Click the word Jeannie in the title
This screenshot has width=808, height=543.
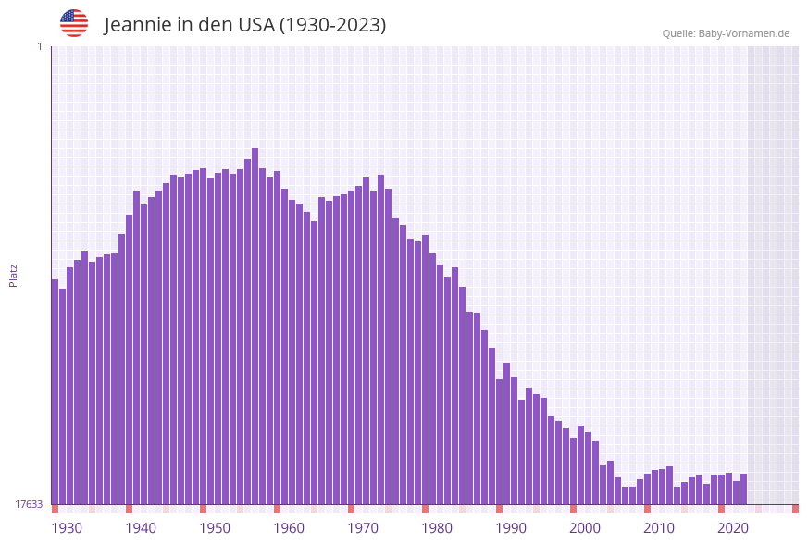coord(136,25)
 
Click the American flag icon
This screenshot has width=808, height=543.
coord(74,23)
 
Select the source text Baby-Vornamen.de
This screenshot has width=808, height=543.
coord(743,33)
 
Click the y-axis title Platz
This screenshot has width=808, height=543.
coord(13,276)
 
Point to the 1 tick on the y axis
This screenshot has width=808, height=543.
coord(39,46)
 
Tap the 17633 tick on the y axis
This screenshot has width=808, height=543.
coord(28,504)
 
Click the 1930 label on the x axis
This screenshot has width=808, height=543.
coord(66,528)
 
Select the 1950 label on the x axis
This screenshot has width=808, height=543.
coord(214,528)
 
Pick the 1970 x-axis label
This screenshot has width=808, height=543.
coord(362,528)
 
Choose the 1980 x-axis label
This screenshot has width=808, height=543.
coord(436,528)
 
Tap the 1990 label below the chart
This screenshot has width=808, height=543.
coord(510,528)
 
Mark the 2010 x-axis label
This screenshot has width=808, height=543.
coord(658,528)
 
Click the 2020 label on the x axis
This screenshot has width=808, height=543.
coord(732,528)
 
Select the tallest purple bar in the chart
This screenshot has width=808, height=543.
coord(255,324)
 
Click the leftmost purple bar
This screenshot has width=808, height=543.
coord(55,389)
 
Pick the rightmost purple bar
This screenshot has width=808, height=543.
coord(743,488)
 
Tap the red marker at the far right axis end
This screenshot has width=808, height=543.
coord(795,509)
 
